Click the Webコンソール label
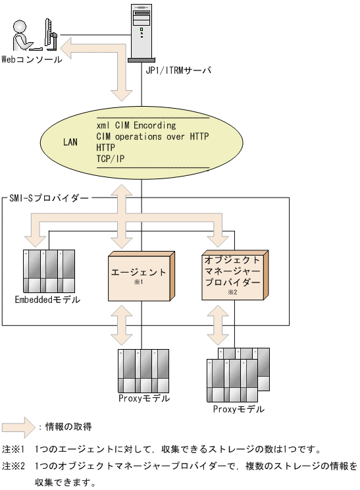pos(32,59)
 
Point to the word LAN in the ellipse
pos(70,141)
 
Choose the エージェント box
pos(140,276)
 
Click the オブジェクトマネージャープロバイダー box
pos(233,276)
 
